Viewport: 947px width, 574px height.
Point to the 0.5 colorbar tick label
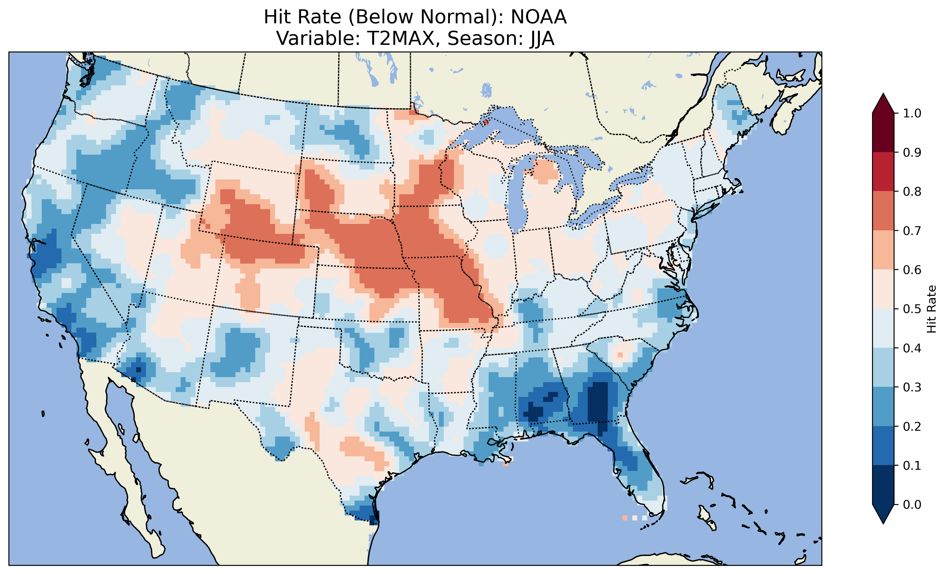tap(912, 309)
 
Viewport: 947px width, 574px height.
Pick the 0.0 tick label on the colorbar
tap(912, 504)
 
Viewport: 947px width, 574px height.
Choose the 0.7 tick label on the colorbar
tap(912, 231)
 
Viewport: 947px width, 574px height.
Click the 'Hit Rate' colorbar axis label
tap(932, 309)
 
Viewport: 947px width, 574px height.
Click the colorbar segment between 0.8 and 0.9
tap(883, 171)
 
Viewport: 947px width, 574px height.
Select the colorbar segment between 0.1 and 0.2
tap(883, 446)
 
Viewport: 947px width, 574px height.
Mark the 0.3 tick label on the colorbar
tap(912, 387)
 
